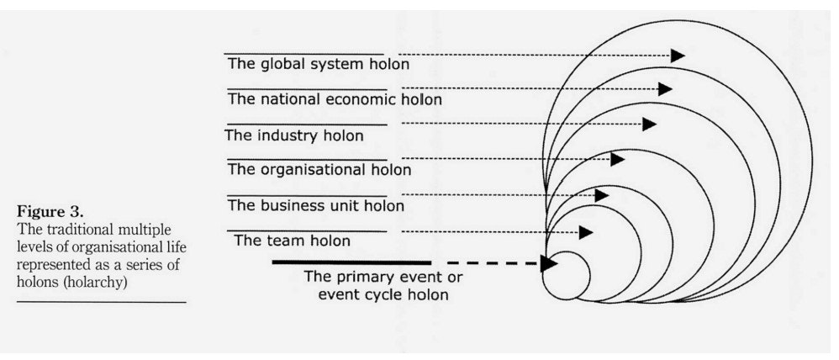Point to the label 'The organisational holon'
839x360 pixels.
(x=319, y=170)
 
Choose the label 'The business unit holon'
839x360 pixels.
(x=316, y=205)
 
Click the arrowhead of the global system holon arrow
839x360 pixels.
(x=678, y=56)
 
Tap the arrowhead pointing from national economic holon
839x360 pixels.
(x=665, y=88)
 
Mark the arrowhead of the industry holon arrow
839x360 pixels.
(x=648, y=124)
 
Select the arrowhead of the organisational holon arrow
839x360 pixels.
(x=618, y=159)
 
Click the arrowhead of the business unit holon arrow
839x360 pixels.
(x=601, y=195)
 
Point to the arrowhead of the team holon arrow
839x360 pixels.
(x=585, y=232)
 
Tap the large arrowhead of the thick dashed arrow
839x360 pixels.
(x=548, y=263)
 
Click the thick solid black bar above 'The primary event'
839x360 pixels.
(x=351, y=263)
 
